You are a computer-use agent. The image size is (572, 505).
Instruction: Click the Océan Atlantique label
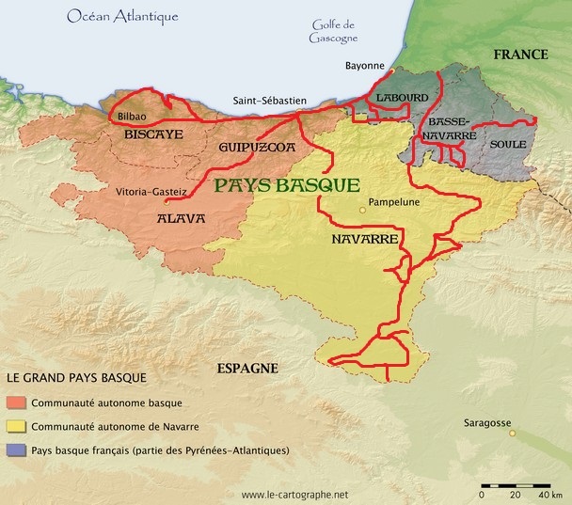coord(122,17)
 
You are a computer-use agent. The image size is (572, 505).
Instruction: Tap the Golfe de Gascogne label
coord(334,31)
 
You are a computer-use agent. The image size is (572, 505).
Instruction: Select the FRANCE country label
coord(520,55)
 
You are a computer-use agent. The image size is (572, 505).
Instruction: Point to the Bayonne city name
coord(366,66)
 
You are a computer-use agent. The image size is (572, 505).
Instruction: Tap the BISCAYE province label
coord(153,134)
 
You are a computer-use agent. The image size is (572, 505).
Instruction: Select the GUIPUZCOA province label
coord(257,149)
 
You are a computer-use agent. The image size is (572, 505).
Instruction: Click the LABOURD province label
coord(402,98)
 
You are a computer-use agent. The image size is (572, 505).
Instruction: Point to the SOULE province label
coord(507,145)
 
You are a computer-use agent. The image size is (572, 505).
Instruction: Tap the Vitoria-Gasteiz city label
coord(155,191)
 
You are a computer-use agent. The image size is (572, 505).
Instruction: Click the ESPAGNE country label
coord(246,368)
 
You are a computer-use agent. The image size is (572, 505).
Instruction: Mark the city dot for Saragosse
coord(512,434)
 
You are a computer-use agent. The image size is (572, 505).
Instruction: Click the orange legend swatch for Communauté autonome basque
coord(15,402)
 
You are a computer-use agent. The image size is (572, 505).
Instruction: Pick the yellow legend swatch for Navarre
coord(15,426)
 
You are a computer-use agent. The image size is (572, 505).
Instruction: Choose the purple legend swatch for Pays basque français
coord(15,450)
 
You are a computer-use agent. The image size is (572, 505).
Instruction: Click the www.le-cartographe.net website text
coord(294,495)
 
